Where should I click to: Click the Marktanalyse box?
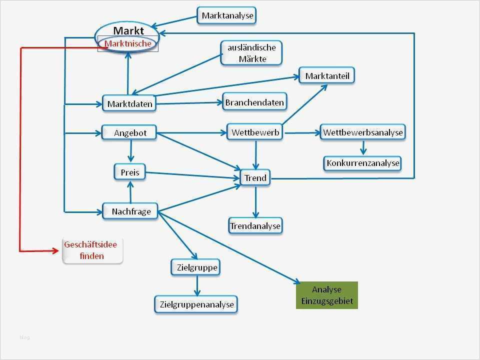pos(227,15)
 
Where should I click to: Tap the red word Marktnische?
pos(128,44)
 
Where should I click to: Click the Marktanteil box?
pos(327,76)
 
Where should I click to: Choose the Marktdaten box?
pos(128,104)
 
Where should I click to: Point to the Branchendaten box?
pos(254,102)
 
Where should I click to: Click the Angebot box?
pos(129,132)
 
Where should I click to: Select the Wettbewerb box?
pos(255,132)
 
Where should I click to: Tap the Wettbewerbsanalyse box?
pos(362,132)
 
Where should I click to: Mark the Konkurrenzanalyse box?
pos(362,163)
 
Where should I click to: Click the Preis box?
pos(130,172)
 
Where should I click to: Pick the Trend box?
pos(255,177)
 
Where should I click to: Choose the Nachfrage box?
pos(130,211)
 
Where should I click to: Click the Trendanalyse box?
pos(255,226)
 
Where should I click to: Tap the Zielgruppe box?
pos(196,267)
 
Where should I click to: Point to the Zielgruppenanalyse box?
pos(196,304)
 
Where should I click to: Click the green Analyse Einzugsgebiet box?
pos(326,295)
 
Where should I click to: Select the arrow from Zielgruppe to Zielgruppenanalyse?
pos(197,285)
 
